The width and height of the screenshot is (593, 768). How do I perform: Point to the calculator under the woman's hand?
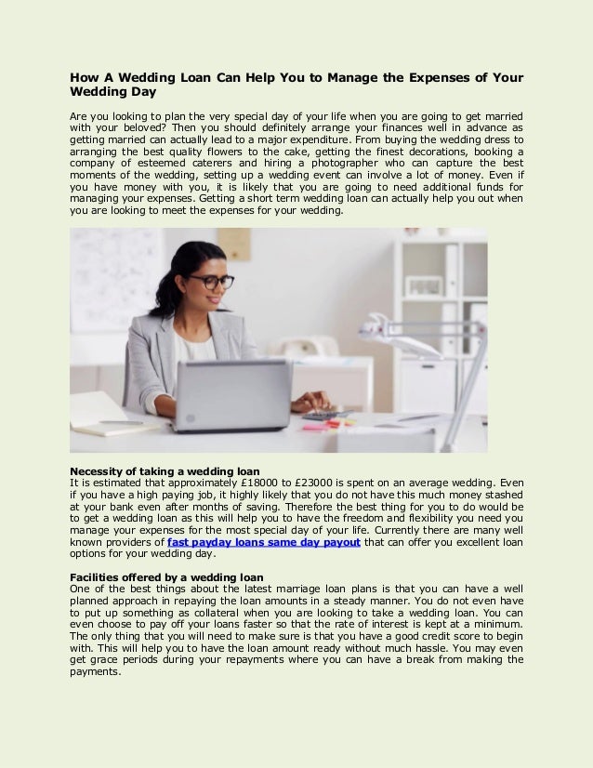[320, 416]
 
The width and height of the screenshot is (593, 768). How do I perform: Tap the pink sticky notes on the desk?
[316, 426]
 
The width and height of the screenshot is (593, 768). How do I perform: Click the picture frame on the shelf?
[425, 285]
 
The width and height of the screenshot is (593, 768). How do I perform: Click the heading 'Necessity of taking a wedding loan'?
[165, 470]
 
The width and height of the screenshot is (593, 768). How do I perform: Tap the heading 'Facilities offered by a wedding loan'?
[166, 576]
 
